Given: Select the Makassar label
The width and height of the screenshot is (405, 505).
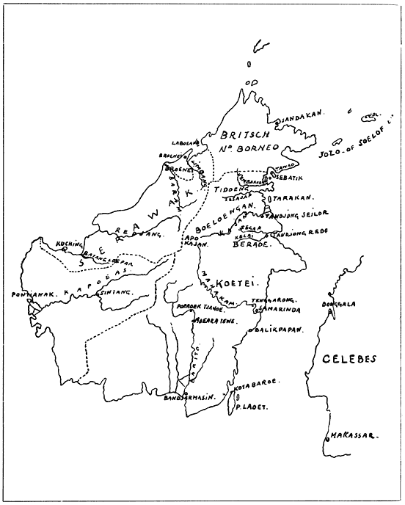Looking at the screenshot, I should pyautogui.click(x=353, y=435).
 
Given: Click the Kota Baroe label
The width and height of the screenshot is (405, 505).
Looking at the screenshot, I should pyautogui.click(x=252, y=384).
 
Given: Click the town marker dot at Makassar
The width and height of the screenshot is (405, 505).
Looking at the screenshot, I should pyautogui.click(x=326, y=438).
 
